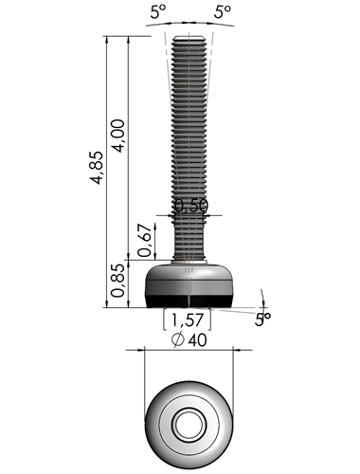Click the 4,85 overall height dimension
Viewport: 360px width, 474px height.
(97, 168)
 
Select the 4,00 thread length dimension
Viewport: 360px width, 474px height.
(119, 136)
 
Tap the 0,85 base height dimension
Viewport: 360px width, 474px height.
(118, 281)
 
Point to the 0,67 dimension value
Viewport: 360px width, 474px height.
(145, 240)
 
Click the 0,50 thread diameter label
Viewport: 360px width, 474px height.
(191, 206)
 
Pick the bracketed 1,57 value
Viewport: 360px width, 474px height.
(187, 319)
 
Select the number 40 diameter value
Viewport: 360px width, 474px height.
(197, 340)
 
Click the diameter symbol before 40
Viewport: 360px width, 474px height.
(178, 340)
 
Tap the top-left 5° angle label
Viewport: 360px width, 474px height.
(158, 12)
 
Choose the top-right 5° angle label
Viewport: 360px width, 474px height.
(223, 12)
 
